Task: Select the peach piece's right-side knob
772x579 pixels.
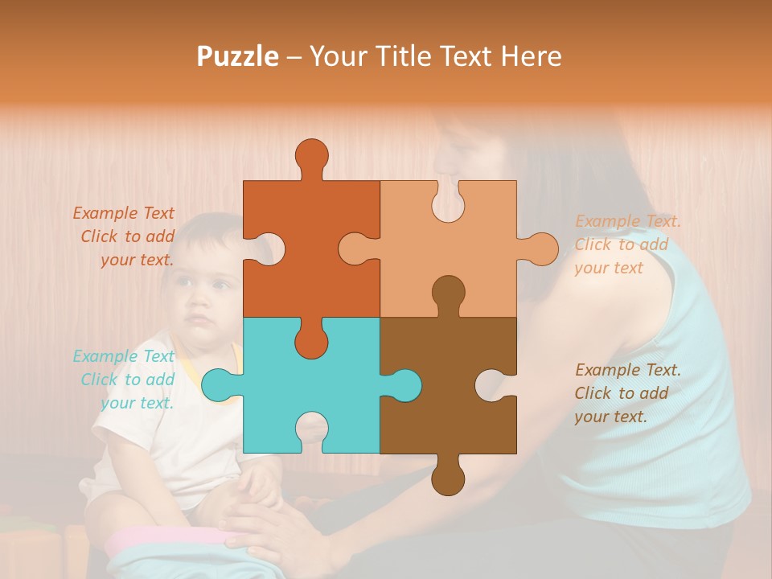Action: click(540, 248)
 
